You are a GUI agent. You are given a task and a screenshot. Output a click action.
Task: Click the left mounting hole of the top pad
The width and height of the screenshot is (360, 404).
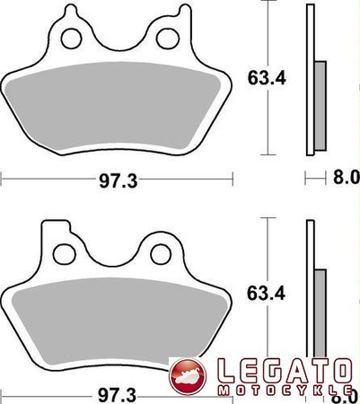[71, 39]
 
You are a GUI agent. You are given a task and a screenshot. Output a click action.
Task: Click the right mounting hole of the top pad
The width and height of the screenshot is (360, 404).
[168, 39]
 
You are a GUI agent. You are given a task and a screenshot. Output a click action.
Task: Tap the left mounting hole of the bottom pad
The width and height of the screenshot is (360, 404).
[64, 254]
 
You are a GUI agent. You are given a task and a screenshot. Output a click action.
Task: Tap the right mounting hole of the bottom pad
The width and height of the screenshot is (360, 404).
[162, 255]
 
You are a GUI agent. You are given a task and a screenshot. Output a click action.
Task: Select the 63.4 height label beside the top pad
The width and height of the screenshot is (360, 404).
[267, 79]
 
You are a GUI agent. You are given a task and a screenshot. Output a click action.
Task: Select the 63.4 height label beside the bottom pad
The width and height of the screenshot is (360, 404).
[266, 294]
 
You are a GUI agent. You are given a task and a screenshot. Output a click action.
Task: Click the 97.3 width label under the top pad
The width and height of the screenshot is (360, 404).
[119, 181]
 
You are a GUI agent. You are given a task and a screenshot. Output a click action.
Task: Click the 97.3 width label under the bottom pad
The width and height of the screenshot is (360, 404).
[118, 396]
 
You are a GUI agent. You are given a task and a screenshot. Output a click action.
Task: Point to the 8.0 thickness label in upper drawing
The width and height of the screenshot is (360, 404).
[347, 179]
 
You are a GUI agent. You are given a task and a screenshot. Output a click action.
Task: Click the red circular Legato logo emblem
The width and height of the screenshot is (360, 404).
[188, 376]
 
